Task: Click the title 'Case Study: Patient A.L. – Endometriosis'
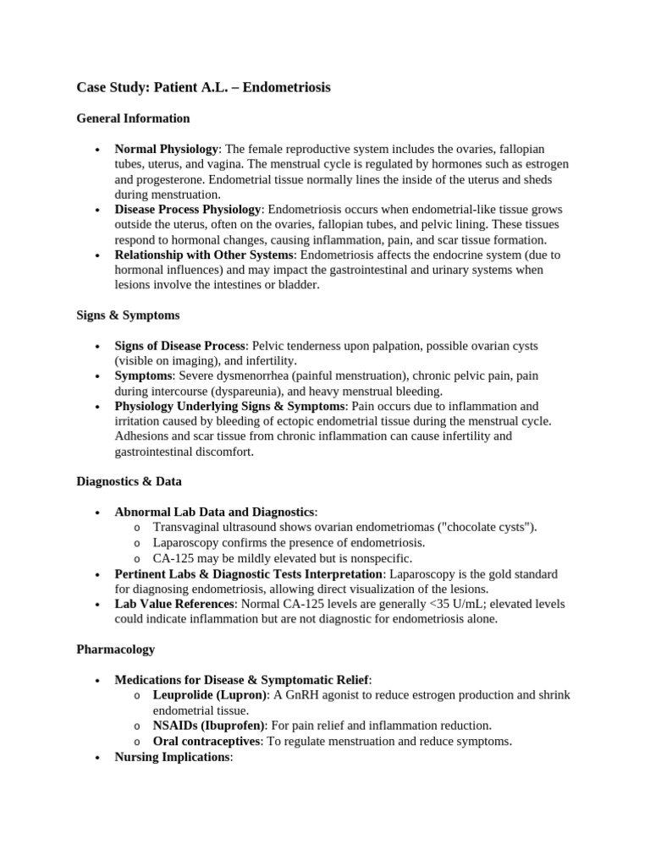click(203, 87)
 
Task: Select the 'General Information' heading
click(133, 118)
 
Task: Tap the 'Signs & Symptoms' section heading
click(128, 315)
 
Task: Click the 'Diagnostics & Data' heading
click(129, 481)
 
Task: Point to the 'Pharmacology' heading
click(116, 649)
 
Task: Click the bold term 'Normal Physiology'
click(166, 150)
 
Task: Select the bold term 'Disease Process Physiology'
click(189, 210)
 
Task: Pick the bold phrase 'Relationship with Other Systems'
click(205, 255)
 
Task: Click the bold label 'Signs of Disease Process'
click(180, 347)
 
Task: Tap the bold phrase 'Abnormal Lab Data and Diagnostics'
click(214, 512)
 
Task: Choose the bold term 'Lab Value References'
click(174, 604)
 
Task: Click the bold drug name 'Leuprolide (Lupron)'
click(209, 695)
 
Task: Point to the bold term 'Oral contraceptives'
click(206, 741)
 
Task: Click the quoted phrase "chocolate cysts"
click(490, 528)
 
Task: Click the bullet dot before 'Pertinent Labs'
click(99, 574)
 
